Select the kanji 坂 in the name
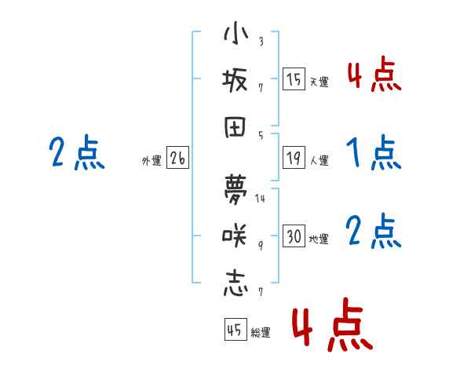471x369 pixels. [235, 80]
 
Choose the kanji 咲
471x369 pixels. [235, 234]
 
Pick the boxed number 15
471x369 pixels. [294, 79]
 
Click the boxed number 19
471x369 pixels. [294, 159]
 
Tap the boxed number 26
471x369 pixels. [177, 159]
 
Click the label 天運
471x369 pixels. [319, 82]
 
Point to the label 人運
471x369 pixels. [319, 161]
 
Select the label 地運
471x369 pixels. [319, 239]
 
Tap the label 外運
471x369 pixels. [151, 161]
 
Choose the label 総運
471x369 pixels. [261, 333]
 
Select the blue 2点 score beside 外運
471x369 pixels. [76, 152]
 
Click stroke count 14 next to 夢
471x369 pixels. [261, 198]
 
